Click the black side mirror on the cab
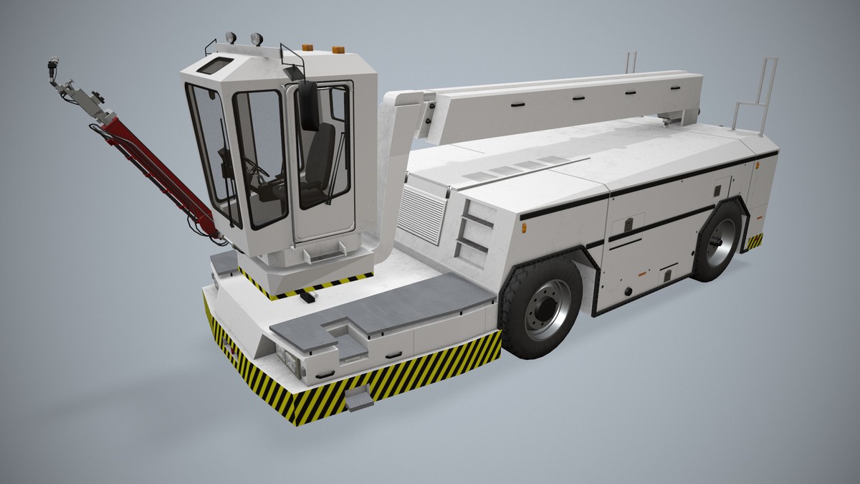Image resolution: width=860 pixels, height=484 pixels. click(x=309, y=105)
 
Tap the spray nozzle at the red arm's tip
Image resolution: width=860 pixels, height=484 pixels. click(x=57, y=69)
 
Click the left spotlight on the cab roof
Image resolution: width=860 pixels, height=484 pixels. click(x=231, y=37)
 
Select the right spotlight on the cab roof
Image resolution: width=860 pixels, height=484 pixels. click(x=256, y=39)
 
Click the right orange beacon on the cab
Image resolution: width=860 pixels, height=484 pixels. click(x=338, y=49)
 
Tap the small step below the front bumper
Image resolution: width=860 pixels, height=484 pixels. click(x=359, y=397)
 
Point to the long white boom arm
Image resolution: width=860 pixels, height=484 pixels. click(x=566, y=100)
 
